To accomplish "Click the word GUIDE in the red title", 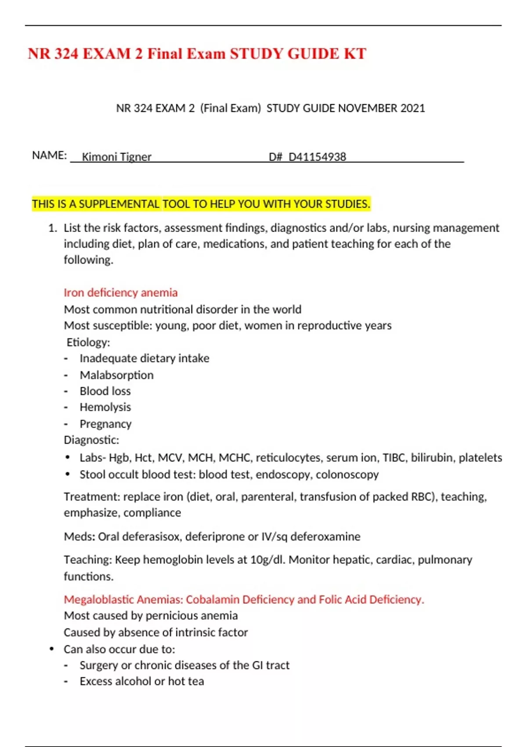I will click(313, 54).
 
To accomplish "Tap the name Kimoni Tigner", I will click(116, 156).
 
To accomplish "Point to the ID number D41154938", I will click(317, 156).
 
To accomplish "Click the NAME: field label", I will click(49, 155).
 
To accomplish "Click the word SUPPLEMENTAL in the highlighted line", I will click(119, 204).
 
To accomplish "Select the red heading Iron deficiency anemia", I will click(121, 292).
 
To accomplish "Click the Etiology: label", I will click(88, 342).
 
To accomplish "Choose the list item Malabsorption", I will click(116, 375).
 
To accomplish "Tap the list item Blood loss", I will click(105, 391).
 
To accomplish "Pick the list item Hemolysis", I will click(105, 407).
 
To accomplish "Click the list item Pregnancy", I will click(105, 424).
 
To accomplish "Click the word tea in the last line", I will click(196, 681).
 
